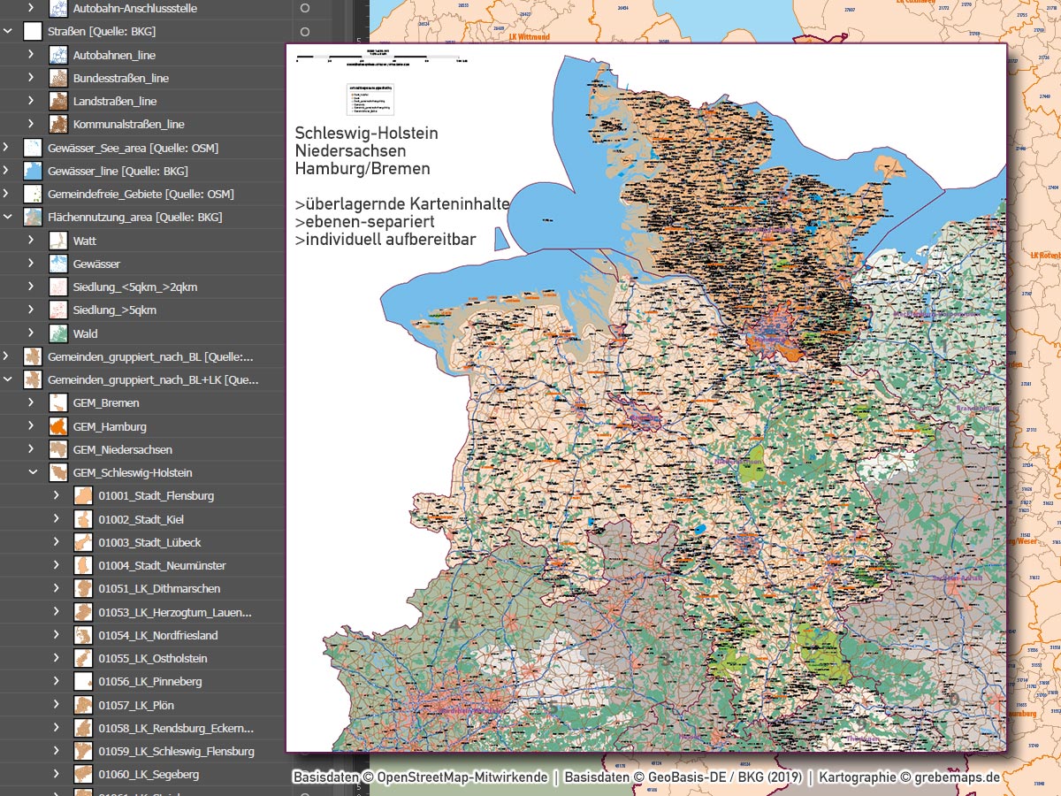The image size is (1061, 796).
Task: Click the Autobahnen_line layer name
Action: pyautogui.click(x=114, y=55)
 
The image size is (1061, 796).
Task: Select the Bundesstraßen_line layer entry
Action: pyautogui.click(x=120, y=78)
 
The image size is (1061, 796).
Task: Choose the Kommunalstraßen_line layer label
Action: pyautogui.click(x=128, y=125)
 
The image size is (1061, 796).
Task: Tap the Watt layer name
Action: pyautogui.click(x=85, y=241)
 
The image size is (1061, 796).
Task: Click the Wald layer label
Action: pyautogui.click(x=85, y=333)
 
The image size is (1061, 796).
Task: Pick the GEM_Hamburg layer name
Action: pyautogui.click(x=110, y=426)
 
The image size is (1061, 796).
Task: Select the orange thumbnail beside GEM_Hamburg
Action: pyautogui.click(x=58, y=426)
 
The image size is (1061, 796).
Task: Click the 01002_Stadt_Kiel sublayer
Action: pyautogui.click(x=141, y=519)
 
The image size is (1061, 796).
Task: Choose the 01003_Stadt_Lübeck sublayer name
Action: pyautogui.click(x=149, y=542)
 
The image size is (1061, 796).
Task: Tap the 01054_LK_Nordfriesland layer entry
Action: pyautogui.click(x=157, y=635)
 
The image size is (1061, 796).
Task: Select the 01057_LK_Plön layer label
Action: pyautogui.click(x=136, y=705)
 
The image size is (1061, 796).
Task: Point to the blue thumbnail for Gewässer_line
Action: pyautogui.click(x=33, y=171)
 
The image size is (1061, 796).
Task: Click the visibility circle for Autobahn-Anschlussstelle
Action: pyautogui.click(x=305, y=8)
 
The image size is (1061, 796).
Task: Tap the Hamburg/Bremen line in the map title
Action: pyautogui.click(x=363, y=168)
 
